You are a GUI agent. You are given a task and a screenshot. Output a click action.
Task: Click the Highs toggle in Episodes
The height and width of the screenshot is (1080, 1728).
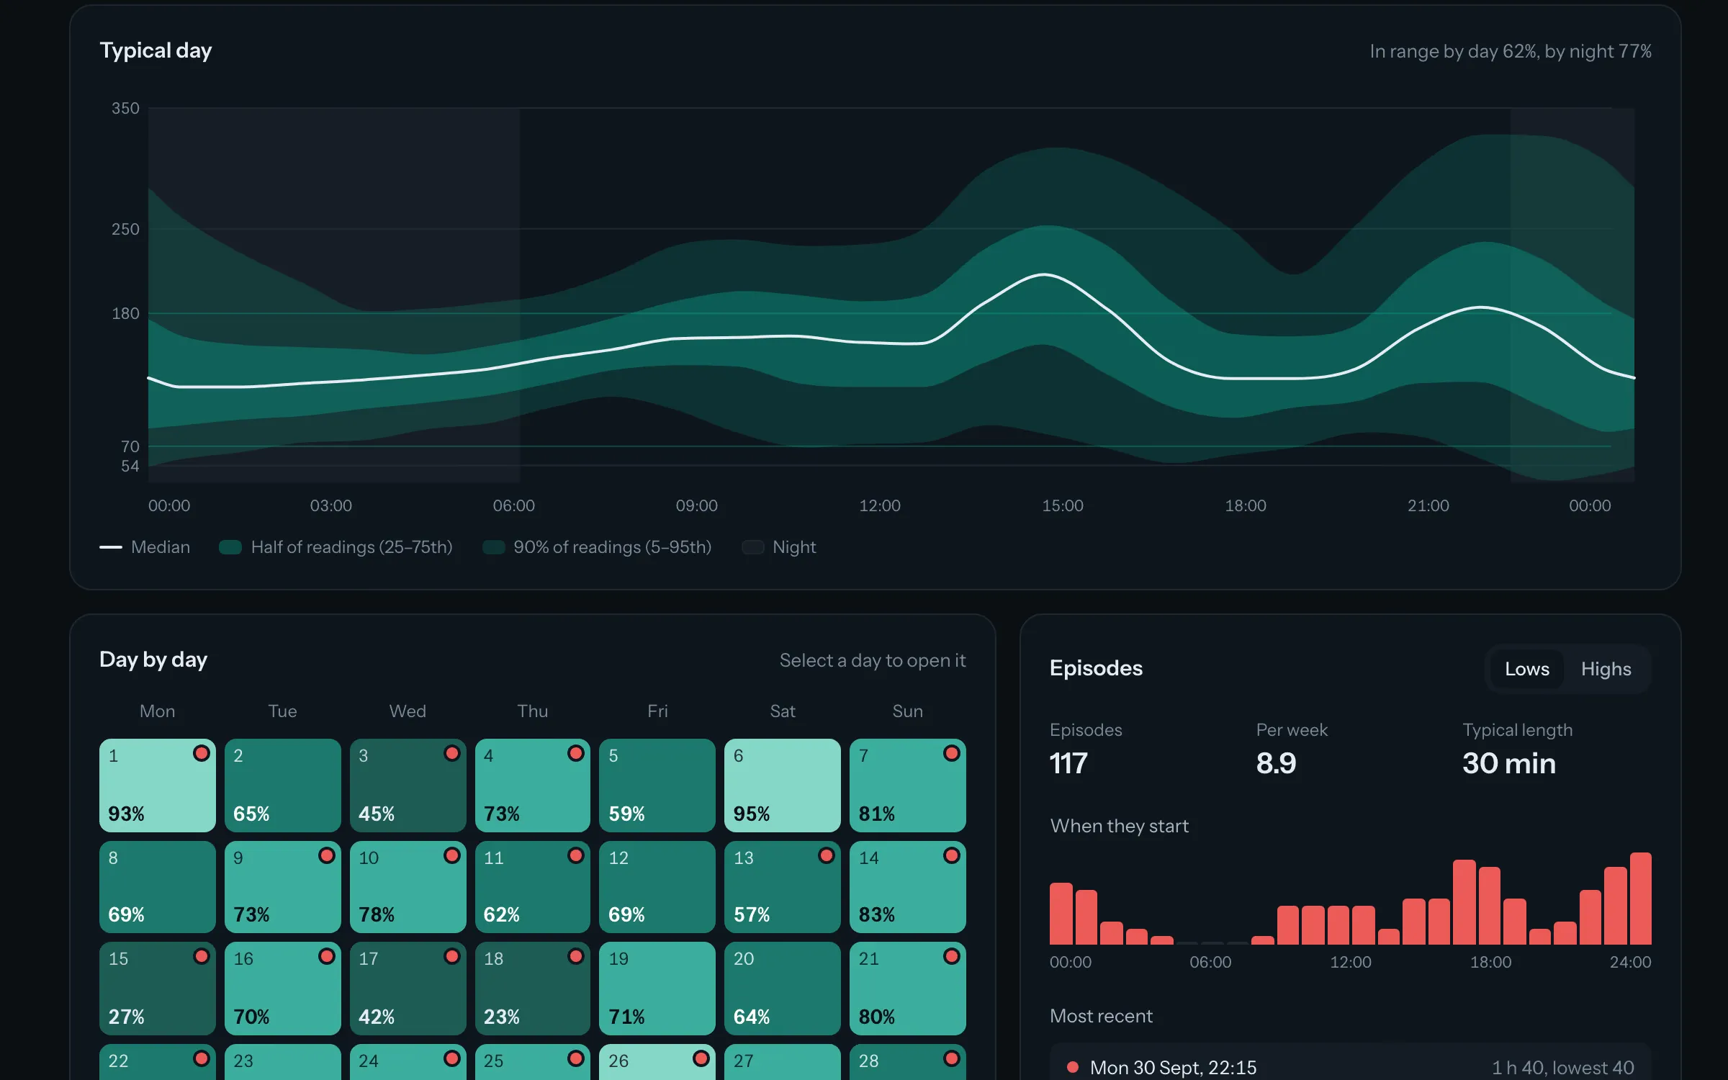click(1606, 669)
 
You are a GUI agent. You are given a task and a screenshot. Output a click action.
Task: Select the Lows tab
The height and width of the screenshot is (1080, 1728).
click(1526, 669)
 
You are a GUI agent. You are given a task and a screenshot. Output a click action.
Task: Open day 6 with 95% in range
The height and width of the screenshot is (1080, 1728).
click(782, 785)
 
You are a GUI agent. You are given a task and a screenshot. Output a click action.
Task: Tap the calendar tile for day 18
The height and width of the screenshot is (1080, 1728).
click(532, 989)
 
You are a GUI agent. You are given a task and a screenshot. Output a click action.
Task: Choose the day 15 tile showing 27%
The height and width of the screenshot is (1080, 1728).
click(157, 989)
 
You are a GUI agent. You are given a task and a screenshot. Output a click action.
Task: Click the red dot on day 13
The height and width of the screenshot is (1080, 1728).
click(826, 855)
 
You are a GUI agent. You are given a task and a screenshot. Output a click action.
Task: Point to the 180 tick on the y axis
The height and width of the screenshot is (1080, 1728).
click(125, 313)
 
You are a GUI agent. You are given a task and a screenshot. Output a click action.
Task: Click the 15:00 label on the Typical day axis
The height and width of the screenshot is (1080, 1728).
click(1062, 505)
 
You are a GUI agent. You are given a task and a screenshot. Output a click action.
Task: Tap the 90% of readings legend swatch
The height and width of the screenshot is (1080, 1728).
click(493, 547)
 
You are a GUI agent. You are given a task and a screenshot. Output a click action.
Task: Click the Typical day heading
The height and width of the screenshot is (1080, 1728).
click(156, 50)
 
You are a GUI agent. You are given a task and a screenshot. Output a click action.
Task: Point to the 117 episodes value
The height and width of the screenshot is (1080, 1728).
click(1068, 763)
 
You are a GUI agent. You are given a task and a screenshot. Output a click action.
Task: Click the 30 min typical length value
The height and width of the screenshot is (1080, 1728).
click(1508, 763)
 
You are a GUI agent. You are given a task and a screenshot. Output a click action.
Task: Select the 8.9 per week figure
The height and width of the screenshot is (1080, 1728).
click(1276, 763)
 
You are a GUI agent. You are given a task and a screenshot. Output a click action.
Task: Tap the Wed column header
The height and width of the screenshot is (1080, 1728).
click(408, 711)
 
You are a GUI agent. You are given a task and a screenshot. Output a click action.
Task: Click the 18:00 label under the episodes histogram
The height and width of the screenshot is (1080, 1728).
click(1490, 962)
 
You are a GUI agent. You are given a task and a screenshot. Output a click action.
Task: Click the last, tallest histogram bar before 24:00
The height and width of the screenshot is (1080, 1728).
click(1640, 899)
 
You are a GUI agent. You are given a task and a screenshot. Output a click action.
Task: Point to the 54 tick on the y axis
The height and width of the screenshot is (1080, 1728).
click(130, 466)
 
